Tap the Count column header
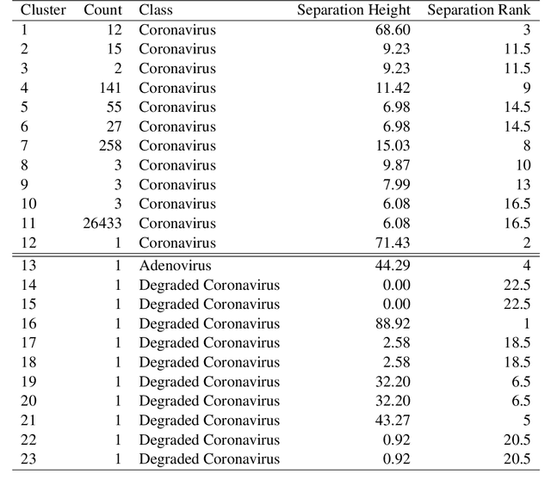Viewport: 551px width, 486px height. (102, 10)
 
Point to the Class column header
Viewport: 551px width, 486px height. (155, 10)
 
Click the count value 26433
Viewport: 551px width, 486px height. (102, 223)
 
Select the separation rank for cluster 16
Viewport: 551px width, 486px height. (525, 324)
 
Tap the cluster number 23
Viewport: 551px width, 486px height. (28, 459)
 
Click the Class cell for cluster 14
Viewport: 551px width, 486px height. (209, 286)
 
